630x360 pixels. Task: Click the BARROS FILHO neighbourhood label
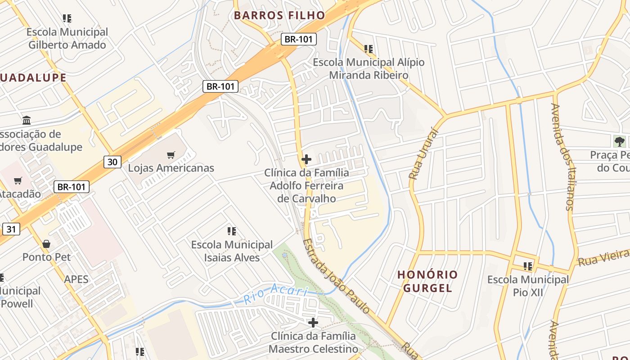pos(279,15)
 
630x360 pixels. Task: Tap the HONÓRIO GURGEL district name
pos(427,281)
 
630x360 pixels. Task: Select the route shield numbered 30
pos(112,162)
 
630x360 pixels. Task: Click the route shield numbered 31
pos(11,229)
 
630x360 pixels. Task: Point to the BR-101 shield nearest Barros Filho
pos(299,39)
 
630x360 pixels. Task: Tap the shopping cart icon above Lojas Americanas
pos(171,155)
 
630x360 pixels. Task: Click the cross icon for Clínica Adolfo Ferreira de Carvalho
pos(306,159)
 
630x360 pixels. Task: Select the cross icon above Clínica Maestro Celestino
pos(313,323)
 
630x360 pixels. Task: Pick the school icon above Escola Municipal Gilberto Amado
pos(67,18)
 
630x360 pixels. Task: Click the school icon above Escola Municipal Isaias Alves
pos(232,231)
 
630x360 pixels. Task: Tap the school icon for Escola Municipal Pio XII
pos(528,266)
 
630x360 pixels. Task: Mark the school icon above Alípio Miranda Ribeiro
pos(369,49)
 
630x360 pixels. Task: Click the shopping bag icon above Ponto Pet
pos(46,244)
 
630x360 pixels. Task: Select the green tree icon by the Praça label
pos(620,142)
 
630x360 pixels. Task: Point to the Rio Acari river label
pos(275,294)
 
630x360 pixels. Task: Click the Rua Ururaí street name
pos(418,153)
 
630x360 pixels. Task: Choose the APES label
pos(76,279)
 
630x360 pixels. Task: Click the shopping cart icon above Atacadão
pos(18,181)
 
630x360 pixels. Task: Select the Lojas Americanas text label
pos(171,168)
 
